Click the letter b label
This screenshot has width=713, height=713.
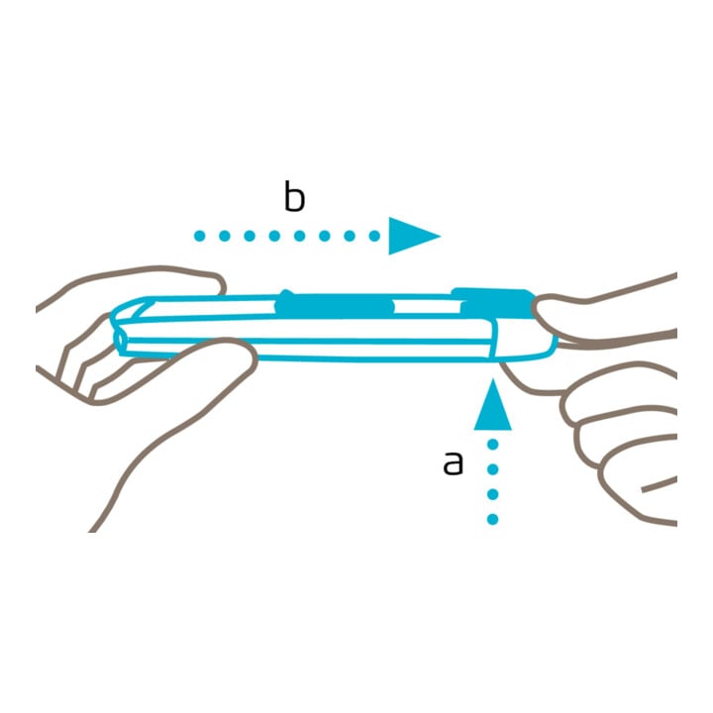coord(294,196)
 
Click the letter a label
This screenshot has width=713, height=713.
coord(453,463)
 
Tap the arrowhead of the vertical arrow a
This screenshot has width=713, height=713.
coord(492,405)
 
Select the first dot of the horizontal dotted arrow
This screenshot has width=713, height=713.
coord(200,236)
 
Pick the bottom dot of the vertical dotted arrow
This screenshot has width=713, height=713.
coord(492,519)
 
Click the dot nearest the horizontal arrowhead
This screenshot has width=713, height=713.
coord(374,236)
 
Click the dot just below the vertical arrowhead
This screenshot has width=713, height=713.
coord(492,445)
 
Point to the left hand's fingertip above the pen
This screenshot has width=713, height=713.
coord(217,283)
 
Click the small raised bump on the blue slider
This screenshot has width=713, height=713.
coord(286,294)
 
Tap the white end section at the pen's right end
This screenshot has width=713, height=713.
coord(524,340)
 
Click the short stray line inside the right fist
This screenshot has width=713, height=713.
coord(659,484)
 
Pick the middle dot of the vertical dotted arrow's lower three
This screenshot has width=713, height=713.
coord(492,494)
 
